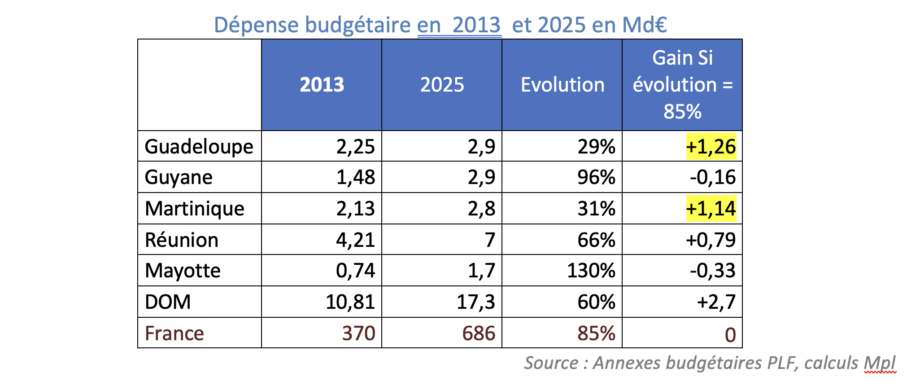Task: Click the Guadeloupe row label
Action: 199,147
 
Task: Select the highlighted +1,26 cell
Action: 711,147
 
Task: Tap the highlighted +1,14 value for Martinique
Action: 711,209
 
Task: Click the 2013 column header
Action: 322,85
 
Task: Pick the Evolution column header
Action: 562,85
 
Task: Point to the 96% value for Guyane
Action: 596,177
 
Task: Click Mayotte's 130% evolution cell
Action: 591,271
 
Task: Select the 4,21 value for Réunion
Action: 355,240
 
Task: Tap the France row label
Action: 174,333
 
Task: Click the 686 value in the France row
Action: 479,333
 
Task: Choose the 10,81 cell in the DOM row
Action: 350,302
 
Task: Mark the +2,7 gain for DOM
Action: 716,302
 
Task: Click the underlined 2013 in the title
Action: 476,25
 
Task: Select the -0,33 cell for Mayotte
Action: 712,271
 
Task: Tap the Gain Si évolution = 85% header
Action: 682,85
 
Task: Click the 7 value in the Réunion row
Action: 490,240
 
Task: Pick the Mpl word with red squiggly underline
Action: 880,363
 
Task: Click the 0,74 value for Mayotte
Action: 355,271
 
